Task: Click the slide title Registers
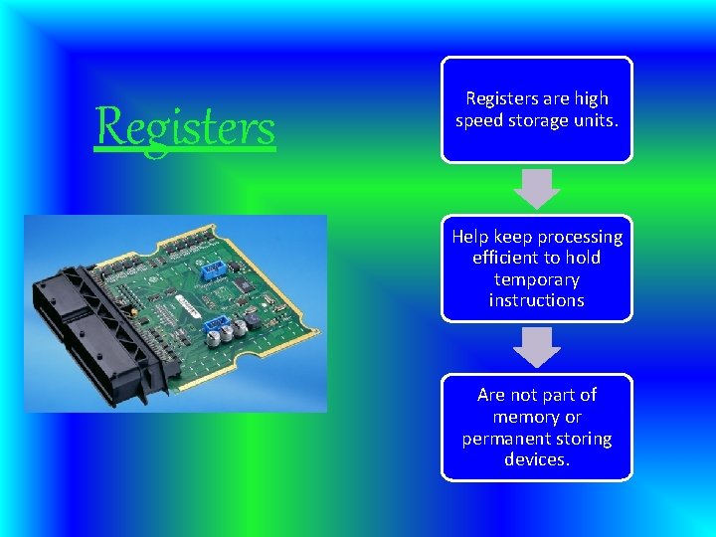[185, 127]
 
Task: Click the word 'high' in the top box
[590, 98]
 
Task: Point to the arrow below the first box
[537, 188]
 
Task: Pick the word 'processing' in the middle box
[580, 237]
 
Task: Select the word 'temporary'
[537, 279]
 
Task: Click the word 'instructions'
[537, 299]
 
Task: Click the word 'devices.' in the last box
[537, 459]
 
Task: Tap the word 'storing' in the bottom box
[586, 439]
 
